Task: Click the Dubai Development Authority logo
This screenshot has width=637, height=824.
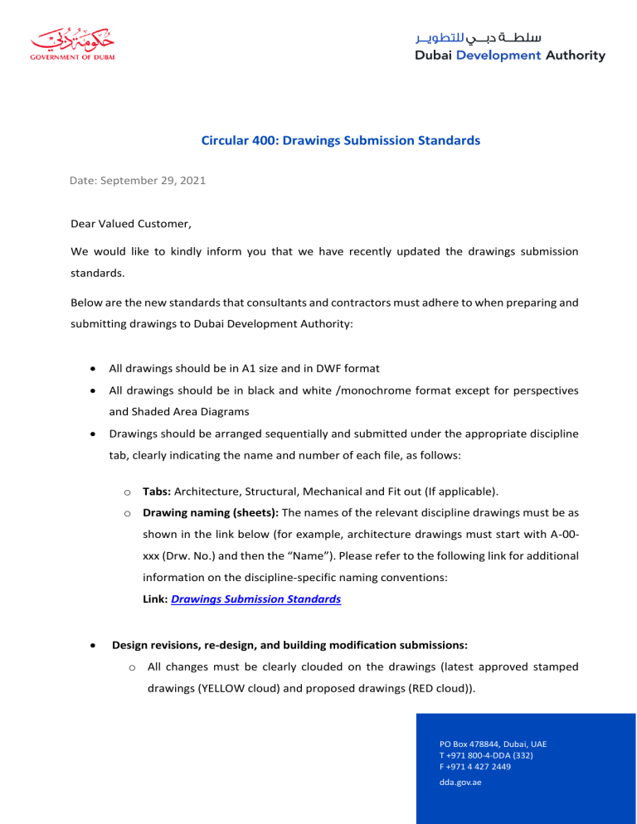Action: click(x=509, y=47)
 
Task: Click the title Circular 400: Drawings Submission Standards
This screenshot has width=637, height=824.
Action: click(x=341, y=141)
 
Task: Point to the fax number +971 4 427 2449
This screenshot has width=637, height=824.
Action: click(x=475, y=767)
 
